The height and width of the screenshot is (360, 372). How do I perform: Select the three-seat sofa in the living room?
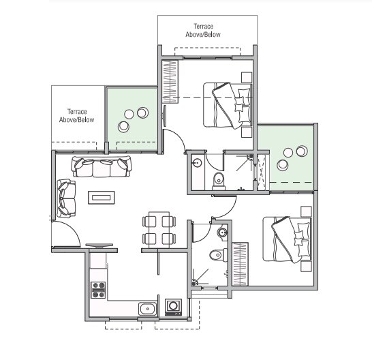click(102, 166)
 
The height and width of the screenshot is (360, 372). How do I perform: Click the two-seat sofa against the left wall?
click(66, 196)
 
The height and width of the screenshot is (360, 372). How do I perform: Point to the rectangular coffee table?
click(102, 198)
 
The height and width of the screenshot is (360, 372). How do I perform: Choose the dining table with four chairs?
click(159, 230)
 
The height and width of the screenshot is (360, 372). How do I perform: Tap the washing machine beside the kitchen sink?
click(173, 306)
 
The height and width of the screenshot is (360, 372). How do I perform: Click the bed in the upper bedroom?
click(228, 104)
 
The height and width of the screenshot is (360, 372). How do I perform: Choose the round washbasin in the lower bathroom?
click(222, 234)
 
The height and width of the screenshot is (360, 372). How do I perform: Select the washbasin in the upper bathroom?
click(196, 162)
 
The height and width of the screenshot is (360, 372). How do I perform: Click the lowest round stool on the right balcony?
click(281, 164)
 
